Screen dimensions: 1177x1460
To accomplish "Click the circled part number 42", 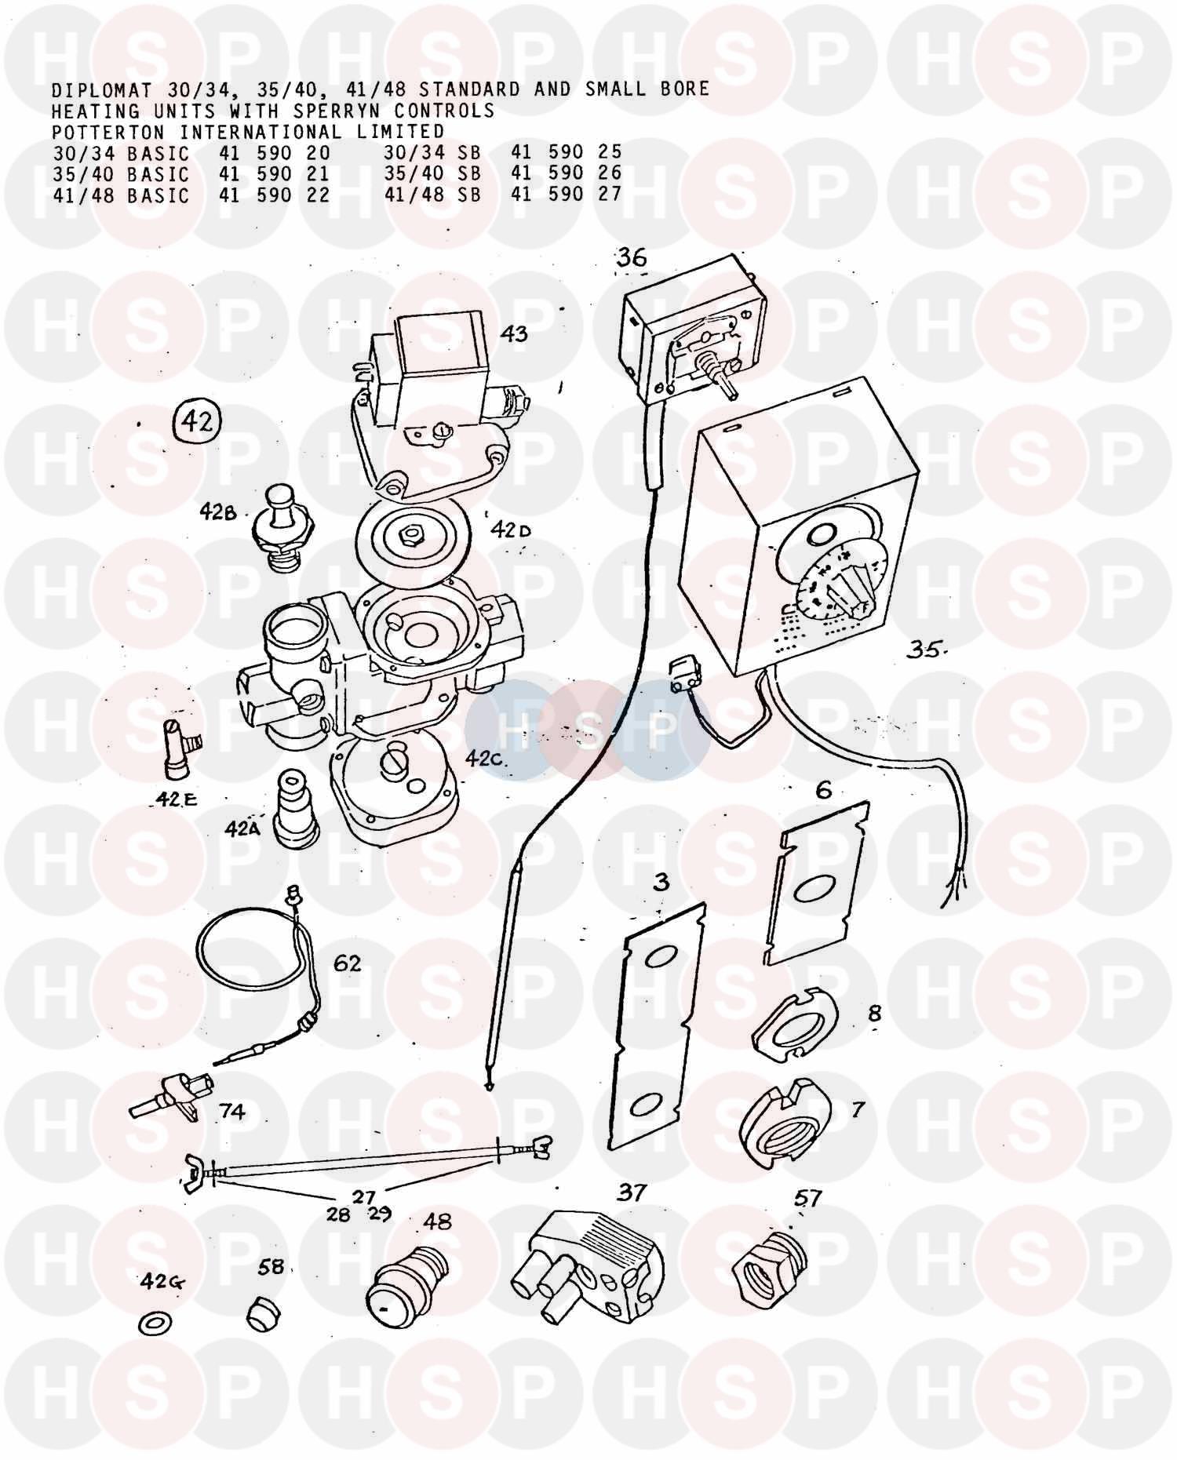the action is coord(197,422).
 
